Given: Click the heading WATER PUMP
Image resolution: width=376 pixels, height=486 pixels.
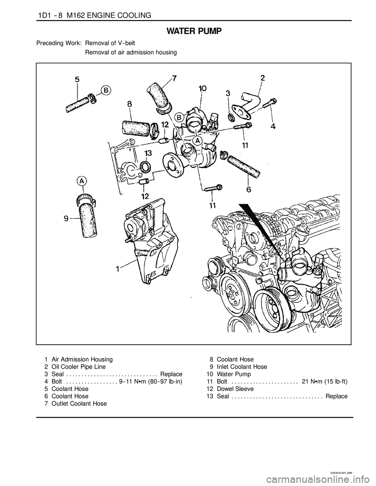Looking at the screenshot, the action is (194, 32).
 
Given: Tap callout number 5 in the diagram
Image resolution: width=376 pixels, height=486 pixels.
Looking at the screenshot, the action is (77, 79).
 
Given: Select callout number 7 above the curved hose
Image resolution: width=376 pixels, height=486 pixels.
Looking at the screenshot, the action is (174, 79).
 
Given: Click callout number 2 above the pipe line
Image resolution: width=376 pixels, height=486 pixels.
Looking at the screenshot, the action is (262, 78).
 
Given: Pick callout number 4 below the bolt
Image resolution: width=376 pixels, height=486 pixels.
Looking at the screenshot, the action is (273, 126).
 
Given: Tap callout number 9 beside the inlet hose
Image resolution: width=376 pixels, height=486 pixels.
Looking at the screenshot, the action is (67, 218).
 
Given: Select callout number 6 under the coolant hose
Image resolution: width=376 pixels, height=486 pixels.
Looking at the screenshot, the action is (249, 190).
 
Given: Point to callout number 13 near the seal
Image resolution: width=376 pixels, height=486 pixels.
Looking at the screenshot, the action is (148, 153).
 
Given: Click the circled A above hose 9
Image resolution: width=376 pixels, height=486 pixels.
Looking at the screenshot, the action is (82, 181).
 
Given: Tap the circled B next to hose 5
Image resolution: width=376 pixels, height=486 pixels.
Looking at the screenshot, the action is (106, 90).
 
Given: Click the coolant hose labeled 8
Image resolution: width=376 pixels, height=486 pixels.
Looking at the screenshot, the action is (136, 128).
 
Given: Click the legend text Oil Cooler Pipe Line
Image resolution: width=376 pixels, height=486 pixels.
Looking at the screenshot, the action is (79, 367).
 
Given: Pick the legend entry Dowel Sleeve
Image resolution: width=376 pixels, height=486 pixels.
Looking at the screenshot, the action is (235, 389).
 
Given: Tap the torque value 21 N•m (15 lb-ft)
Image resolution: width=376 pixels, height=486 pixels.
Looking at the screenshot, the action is (325, 382).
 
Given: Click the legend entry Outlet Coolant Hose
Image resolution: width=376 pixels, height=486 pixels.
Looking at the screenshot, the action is (79, 404).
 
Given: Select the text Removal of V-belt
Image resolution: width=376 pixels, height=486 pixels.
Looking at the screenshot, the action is (110, 43).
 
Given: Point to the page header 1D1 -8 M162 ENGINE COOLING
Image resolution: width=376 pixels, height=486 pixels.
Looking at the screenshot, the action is (94, 15).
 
